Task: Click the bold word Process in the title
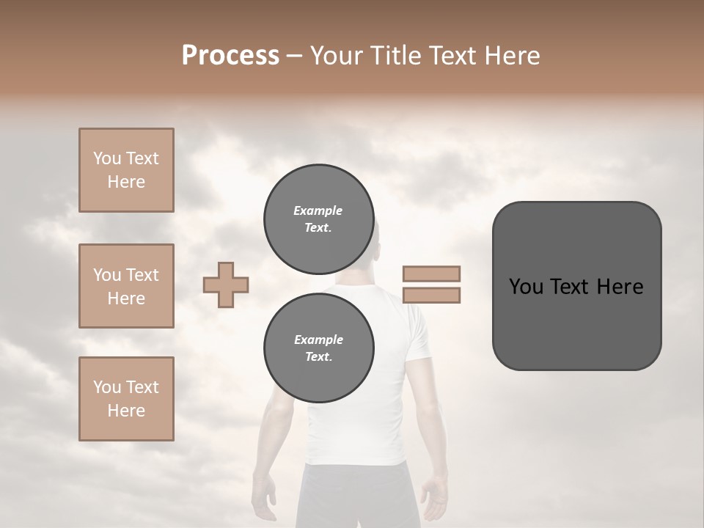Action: coord(230,56)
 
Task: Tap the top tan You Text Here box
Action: coord(126,170)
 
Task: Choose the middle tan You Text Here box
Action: coord(126,286)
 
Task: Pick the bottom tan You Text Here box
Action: coord(126,398)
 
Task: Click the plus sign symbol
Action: coord(226,285)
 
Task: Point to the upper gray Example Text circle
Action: coord(318,219)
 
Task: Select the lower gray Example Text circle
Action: coord(318,348)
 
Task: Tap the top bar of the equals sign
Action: coord(431,274)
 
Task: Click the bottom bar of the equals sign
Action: coord(431,296)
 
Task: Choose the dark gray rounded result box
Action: coord(576,285)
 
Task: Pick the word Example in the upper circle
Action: coord(318,210)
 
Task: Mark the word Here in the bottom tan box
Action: coord(126,411)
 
